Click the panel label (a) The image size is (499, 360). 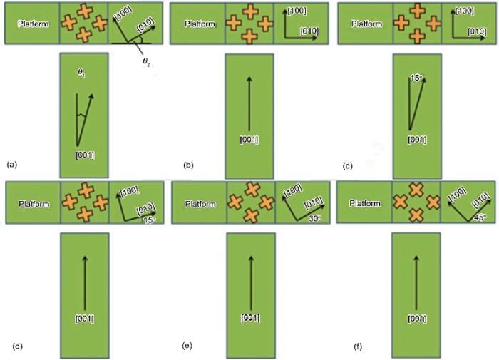(11, 165)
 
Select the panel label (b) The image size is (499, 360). (190, 165)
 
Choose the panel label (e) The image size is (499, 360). (187, 346)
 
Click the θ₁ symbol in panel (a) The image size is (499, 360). (81, 72)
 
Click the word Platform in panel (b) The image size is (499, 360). (200, 24)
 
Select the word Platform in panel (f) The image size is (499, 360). (366, 203)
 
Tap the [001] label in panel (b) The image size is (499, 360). (248, 138)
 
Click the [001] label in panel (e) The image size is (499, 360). (250, 317)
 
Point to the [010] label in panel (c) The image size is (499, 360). (476, 32)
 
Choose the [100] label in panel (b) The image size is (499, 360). (298, 12)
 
